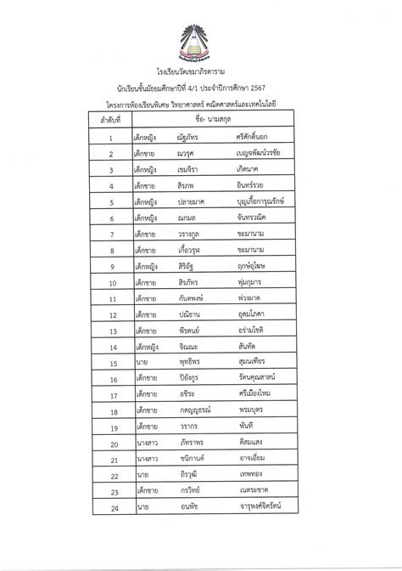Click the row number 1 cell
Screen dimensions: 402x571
(112, 138)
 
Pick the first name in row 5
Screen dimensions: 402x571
(192, 203)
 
